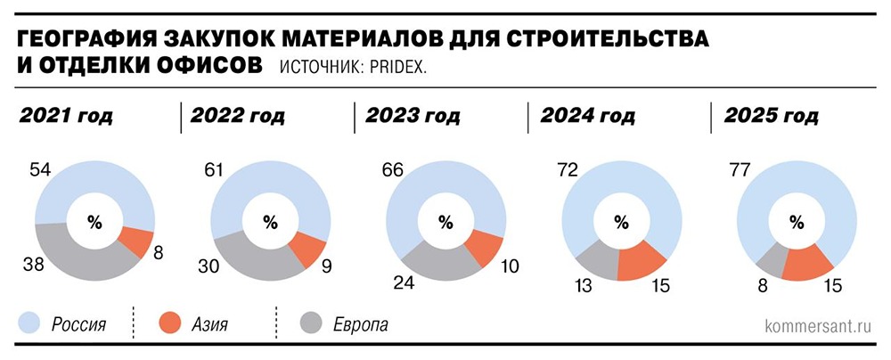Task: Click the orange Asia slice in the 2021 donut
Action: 134,240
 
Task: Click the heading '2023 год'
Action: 412,117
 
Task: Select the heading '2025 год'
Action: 770,117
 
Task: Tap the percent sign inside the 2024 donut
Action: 622,222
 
